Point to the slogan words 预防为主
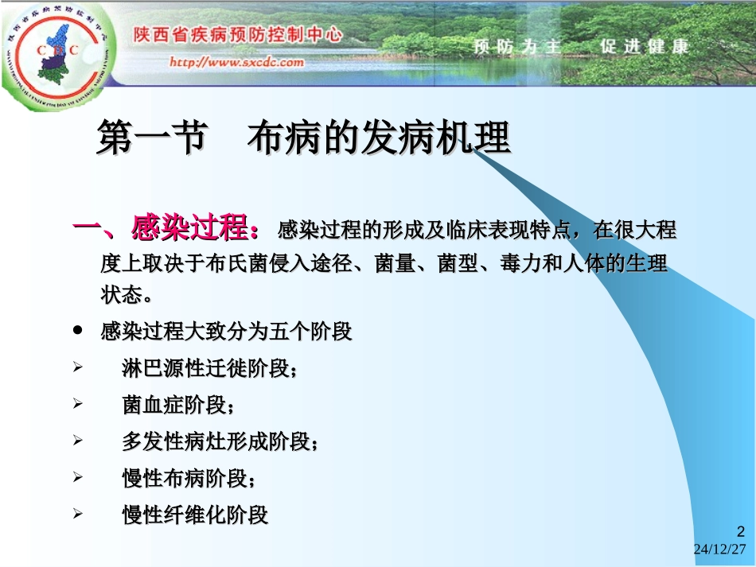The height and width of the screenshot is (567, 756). pyautogui.click(x=517, y=46)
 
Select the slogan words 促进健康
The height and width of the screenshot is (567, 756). pyautogui.click(x=645, y=46)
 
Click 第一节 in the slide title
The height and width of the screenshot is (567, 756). pyautogui.click(x=147, y=138)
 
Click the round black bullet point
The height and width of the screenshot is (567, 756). pyautogui.click(x=78, y=329)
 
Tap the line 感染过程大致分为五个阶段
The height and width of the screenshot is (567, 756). pyautogui.click(x=226, y=331)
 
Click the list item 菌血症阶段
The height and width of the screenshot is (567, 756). pyautogui.click(x=178, y=405)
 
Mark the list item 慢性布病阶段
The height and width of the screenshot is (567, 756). pyautogui.click(x=189, y=478)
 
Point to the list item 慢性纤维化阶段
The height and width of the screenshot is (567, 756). pyautogui.click(x=195, y=515)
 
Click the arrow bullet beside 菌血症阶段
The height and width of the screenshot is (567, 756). pyautogui.click(x=78, y=404)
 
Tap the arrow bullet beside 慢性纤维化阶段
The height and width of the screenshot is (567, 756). pyautogui.click(x=78, y=514)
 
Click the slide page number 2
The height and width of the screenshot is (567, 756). pyautogui.click(x=742, y=532)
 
